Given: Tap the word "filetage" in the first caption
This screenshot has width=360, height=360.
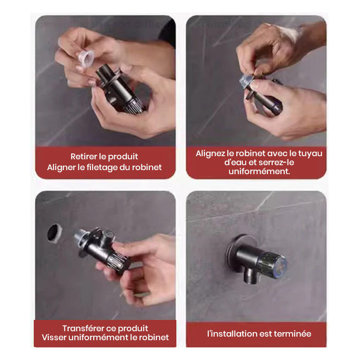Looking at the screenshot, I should click(x=106, y=167).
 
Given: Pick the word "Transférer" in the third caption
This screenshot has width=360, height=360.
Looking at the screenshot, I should click(x=82, y=328).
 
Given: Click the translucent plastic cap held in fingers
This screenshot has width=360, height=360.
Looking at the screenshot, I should click(x=85, y=58).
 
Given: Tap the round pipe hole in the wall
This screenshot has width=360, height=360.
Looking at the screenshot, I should click(x=55, y=233).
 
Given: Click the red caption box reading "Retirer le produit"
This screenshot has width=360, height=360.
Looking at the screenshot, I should click(x=105, y=162).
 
